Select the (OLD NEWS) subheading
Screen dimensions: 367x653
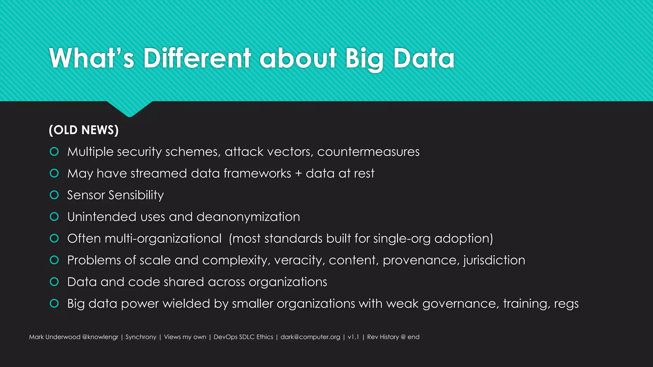coord(84,130)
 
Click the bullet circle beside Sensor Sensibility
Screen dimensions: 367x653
coord(54,195)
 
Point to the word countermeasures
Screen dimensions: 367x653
coord(368,152)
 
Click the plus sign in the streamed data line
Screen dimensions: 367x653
coord(298,174)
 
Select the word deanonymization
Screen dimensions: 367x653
coord(248,217)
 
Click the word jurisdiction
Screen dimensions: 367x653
coord(494,260)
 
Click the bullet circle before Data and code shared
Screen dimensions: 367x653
coord(54,282)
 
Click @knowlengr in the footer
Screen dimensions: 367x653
coord(100,337)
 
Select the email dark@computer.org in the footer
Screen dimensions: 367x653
coord(310,337)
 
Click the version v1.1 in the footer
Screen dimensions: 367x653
coord(353,337)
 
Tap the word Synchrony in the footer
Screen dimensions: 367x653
coord(141,337)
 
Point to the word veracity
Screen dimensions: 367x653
coord(299,261)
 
